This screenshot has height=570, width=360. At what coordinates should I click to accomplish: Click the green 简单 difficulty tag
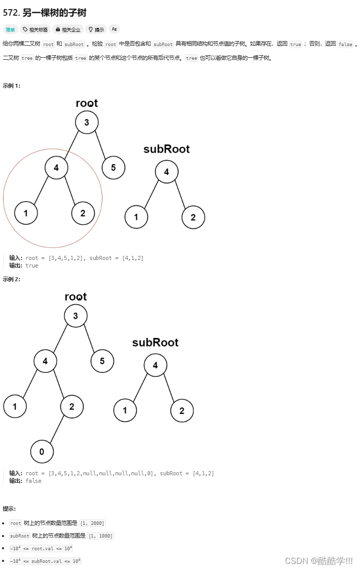coord(10,29)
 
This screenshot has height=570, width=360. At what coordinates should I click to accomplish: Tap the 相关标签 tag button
coord(35,29)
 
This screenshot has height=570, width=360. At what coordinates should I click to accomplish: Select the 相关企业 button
coord(68,29)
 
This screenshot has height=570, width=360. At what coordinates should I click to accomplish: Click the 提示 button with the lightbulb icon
coord(96,29)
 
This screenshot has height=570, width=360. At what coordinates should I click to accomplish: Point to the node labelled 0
coord(42,451)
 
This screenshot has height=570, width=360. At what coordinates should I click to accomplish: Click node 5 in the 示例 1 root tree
coord(114,168)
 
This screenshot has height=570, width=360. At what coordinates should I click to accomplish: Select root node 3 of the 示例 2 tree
coord(76,316)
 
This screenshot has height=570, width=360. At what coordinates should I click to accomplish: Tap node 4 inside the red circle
coord(56,168)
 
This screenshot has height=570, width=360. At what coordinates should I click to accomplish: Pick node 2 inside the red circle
coord(83,213)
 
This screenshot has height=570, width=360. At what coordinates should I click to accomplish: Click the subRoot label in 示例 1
coord(166,149)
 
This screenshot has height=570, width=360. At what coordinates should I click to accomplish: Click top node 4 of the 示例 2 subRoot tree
coord(155,365)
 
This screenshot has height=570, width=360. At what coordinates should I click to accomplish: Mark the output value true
coord(32,265)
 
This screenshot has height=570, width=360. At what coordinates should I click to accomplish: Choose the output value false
coord(33,481)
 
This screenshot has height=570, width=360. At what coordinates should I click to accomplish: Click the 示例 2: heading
coord(12,279)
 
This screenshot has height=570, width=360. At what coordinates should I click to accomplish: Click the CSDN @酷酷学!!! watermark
coord(318,560)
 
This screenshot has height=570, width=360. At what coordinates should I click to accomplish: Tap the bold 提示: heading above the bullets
coord(9,508)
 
